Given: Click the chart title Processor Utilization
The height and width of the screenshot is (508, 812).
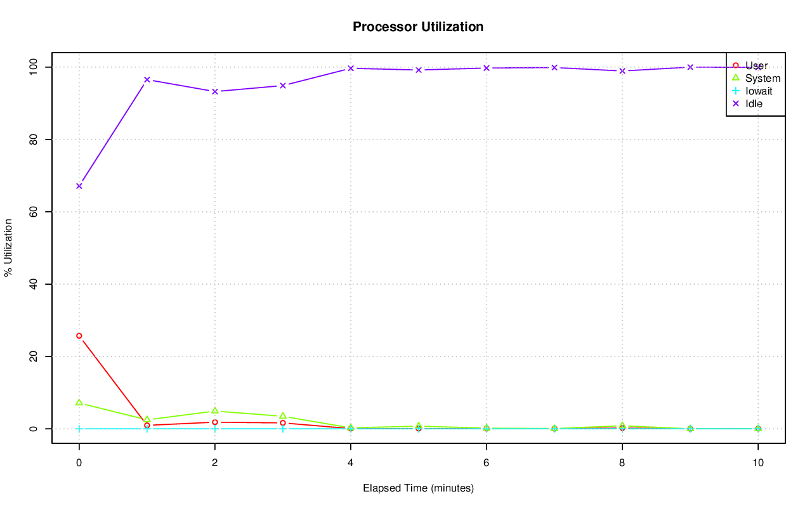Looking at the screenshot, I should (x=418, y=27).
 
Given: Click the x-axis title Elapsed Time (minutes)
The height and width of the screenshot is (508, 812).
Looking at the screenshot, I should (x=418, y=488).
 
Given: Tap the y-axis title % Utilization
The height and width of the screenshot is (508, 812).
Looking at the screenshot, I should (x=8, y=247).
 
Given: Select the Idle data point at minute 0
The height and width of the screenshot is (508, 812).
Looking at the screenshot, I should (x=79, y=186).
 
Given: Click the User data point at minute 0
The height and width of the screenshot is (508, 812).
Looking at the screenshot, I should (x=79, y=335).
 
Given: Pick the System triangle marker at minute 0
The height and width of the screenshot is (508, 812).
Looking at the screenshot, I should (x=79, y=403).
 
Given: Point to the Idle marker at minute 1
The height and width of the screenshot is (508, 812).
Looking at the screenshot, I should (x=147, y=80).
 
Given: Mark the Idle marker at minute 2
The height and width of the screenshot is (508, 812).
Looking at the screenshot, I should (x=215, y=91).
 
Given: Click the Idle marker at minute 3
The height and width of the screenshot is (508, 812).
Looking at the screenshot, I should (x=283, y=86).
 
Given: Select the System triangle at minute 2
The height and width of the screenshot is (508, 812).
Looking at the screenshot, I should (x=215, y=411).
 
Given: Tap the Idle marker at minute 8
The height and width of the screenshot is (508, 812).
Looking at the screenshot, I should (x=622, y=70).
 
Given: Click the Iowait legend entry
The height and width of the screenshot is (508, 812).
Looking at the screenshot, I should (x=759, y=91).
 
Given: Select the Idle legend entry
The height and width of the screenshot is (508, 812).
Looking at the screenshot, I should (x=754, y=104).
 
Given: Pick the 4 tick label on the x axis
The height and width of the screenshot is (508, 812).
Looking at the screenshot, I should (x=351, y=463).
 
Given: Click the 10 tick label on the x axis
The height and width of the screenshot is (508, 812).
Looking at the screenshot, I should (x=758, y=463).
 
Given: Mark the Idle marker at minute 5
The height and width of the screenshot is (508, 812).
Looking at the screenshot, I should (x=419, y=70).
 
